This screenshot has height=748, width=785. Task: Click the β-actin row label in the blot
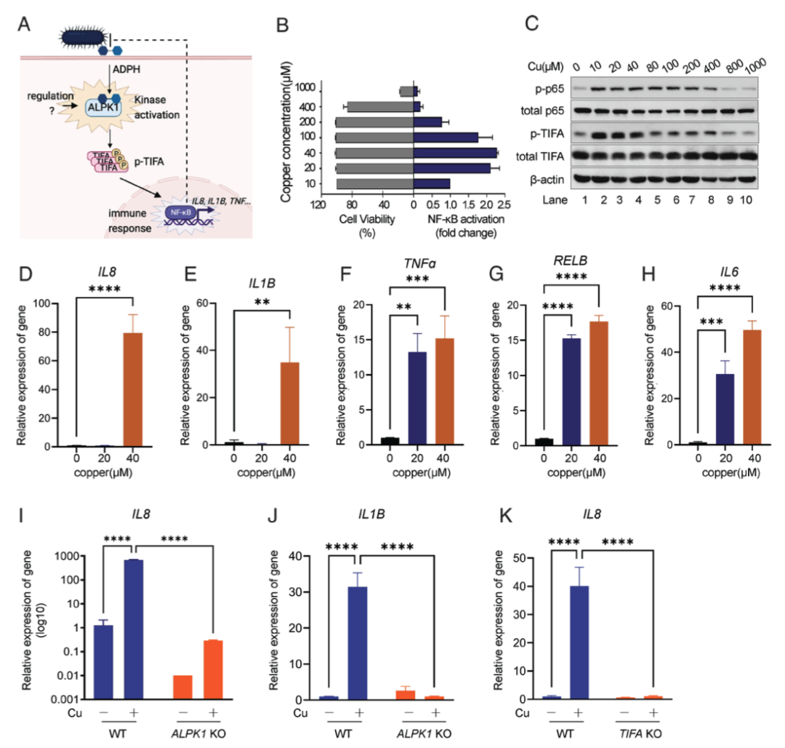coord(549,177)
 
